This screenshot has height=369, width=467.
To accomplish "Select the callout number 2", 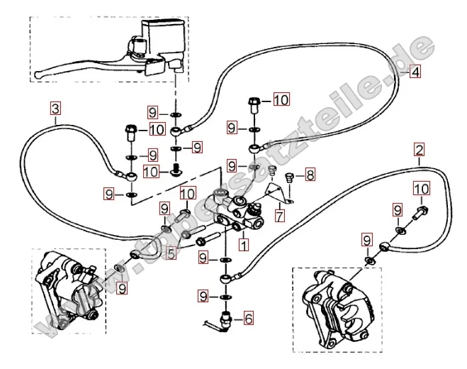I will pyautogui.click(x=420, y=150).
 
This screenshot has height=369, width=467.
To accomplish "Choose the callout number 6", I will pyautogui.click(x=248, y=319).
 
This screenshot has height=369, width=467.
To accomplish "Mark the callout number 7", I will pyautogui.click(x=281, y=216).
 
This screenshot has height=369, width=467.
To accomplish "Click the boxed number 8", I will pyautogui.click(x=310, y=175).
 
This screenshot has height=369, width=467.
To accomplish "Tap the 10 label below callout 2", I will pyautogui.click(x=422, y=189).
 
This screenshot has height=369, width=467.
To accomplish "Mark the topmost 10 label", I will pyautogui.click(x=281, y=100).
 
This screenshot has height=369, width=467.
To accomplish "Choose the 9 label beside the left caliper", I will pyautogui.click(x=122, y=289).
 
